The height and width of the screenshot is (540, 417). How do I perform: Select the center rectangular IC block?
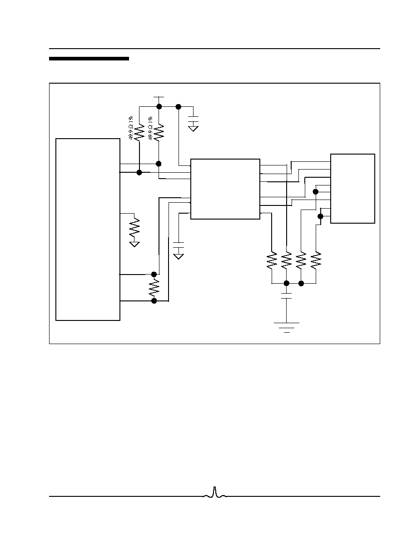[x=225, y=189]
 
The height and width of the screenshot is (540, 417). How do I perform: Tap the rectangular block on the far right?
[x=352, y=188]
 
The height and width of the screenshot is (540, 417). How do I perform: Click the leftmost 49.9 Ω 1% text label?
[x=131, y=128]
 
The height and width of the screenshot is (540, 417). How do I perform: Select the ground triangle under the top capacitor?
[x=194, y=129]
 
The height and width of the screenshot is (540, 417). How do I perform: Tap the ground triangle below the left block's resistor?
[x=134, y=244]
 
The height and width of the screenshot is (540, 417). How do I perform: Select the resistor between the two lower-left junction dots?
[x=154, y=288]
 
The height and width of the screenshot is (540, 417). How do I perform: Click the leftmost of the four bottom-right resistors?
[x=272, y=261]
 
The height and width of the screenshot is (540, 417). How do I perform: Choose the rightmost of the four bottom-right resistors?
[x=316, y=261]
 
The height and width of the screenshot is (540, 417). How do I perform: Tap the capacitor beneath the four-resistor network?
[x=287, y=296]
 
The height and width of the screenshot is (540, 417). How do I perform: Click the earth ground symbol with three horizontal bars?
[x=287, y=328]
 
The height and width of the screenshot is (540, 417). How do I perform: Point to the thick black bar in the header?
[x=89, y=59]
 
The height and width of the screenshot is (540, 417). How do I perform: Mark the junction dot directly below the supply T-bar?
[x=159, y=107]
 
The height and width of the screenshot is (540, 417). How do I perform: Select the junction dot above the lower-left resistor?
[x=154, y=274]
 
